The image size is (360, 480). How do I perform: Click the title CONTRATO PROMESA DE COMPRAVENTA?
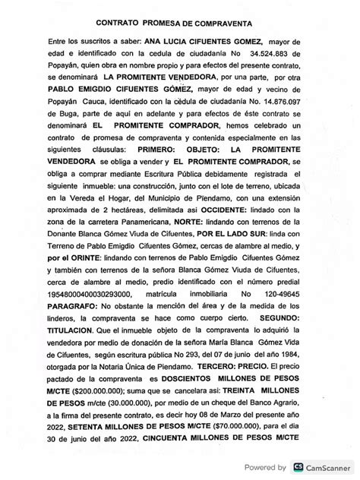180,25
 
